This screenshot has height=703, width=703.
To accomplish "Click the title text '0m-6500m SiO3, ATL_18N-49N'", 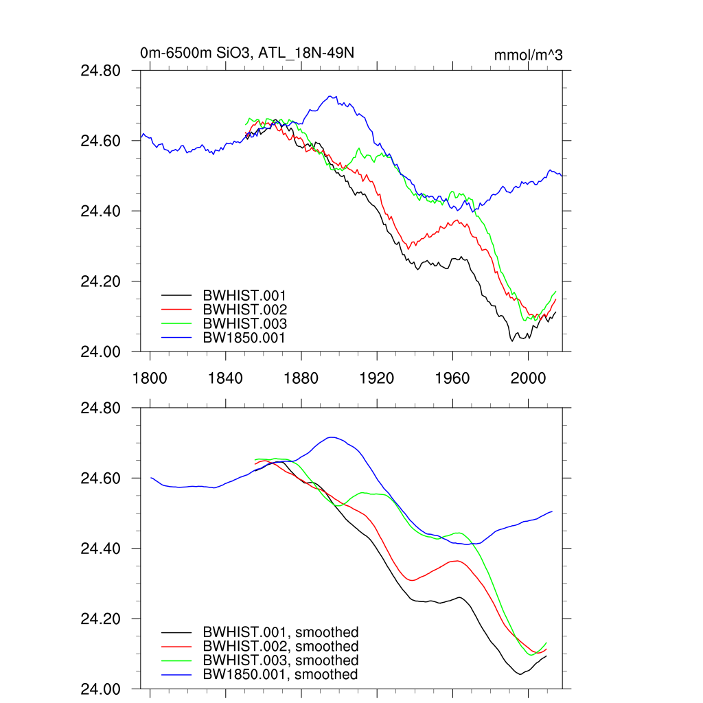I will pos(246,53).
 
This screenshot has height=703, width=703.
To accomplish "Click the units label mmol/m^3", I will pos(528,55).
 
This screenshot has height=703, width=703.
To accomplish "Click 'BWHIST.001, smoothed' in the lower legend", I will pos(280,632).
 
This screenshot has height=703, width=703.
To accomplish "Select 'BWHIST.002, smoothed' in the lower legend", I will pos(280,647).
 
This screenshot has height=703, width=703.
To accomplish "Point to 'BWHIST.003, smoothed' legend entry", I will pos(280,660).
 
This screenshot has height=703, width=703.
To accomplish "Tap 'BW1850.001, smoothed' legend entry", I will pos(279,675).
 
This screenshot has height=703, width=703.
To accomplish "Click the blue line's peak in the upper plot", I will pos(332,97).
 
